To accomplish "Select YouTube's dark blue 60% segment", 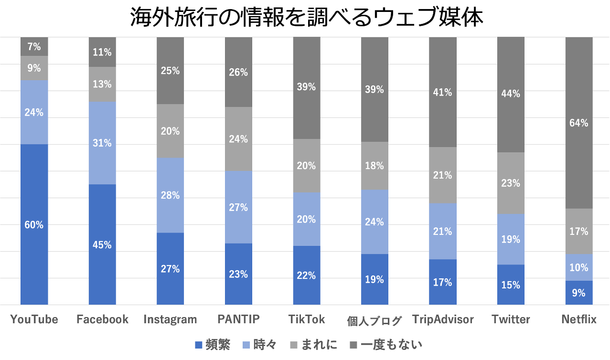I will (34, 224).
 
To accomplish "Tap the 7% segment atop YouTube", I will (34, 47).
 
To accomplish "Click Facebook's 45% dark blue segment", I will (102, 244).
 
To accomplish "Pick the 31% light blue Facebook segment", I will (102, 143).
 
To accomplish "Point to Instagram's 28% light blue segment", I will (171, 195).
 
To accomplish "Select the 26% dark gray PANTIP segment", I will (238, 72).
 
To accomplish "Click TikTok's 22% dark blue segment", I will (306, 275).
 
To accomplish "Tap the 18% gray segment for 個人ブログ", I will (375, 166).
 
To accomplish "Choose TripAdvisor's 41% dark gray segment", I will (442, 92).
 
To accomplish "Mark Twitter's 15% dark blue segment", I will (511, 285).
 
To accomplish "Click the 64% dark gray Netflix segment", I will (579, 123).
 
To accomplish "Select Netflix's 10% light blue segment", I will (579, 267).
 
